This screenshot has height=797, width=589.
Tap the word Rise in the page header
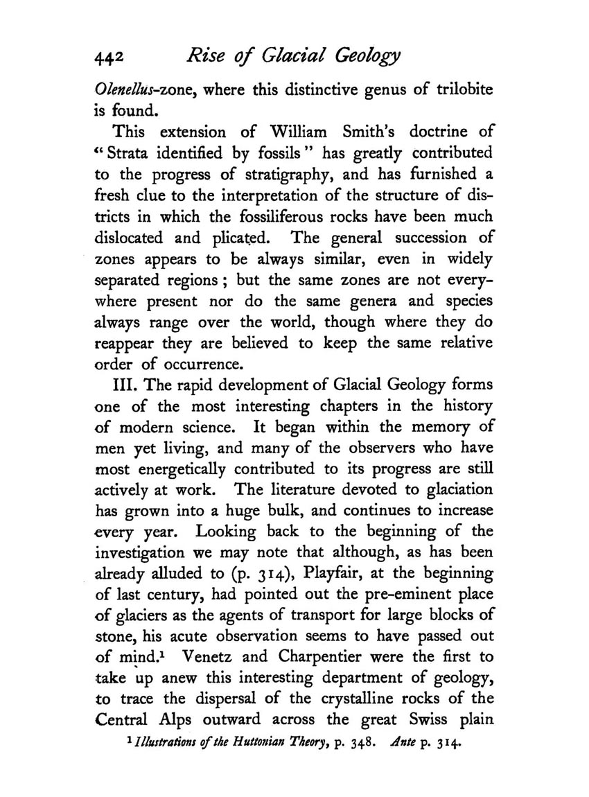pyautogui.click(x=201, y=67)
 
